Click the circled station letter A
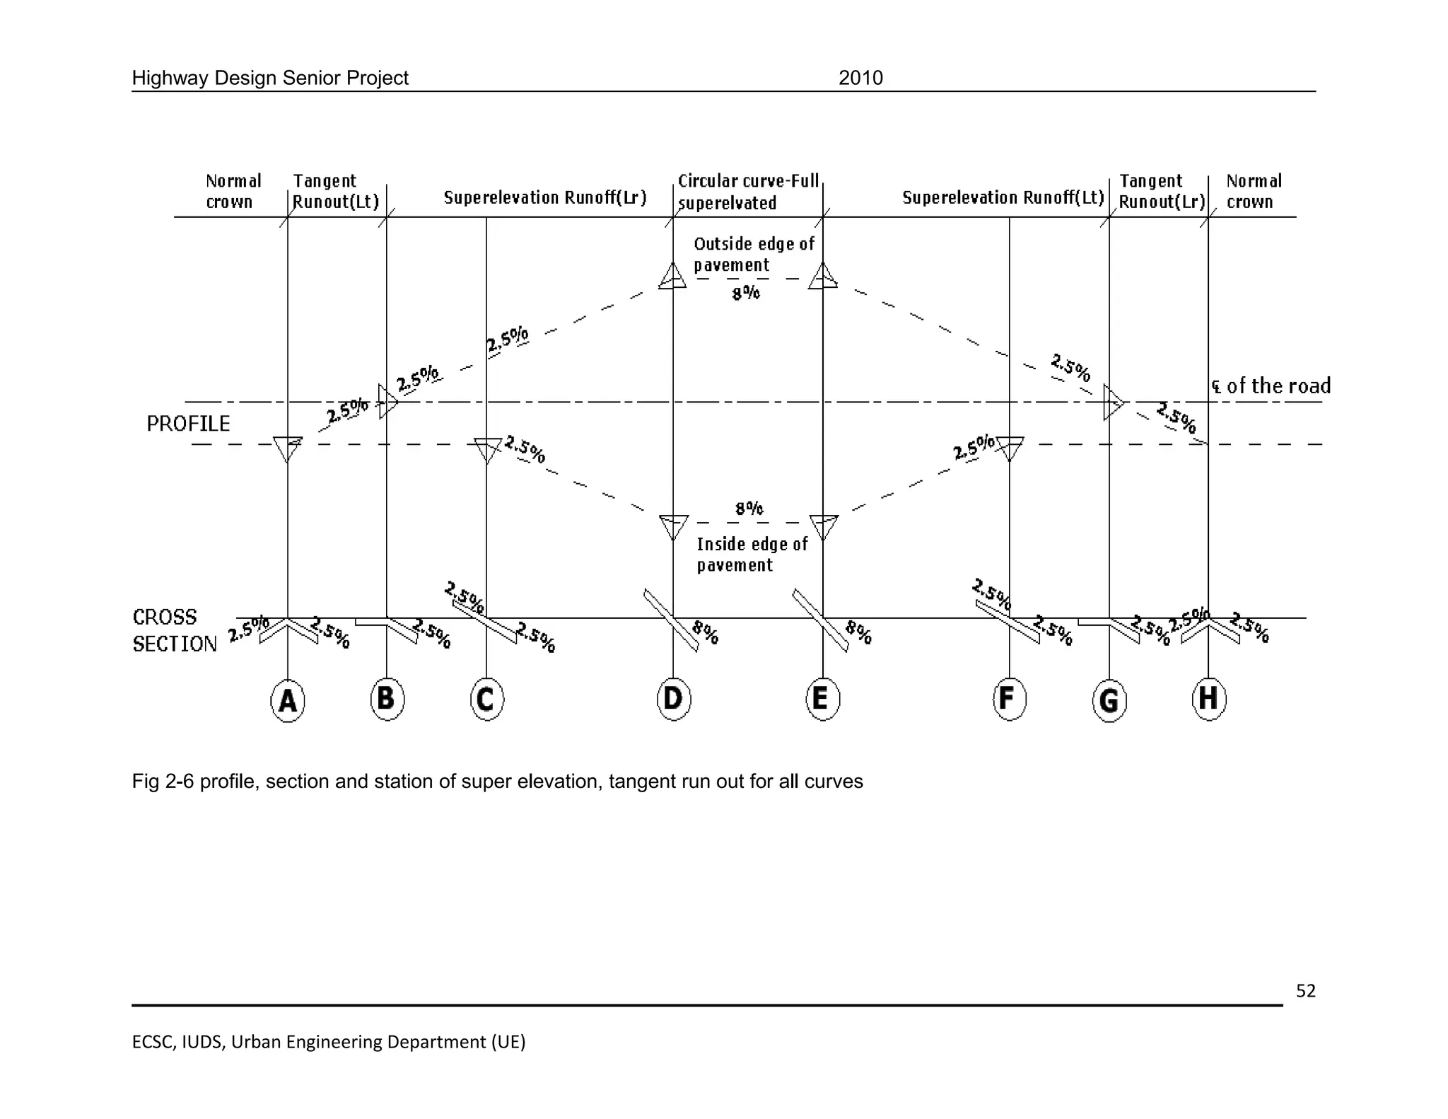(x=288, y=700)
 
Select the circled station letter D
(x=673, y=699)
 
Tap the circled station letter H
(x=1208, y=699)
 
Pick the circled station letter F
(x=1009, y=699)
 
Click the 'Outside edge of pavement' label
(x=754, y=255)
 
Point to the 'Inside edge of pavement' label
(x=752, y=555)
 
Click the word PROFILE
(x=188, y=424)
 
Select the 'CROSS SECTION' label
(x=174, y=630)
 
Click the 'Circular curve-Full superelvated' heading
(x=748, y=192)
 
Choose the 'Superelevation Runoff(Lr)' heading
(x=545, y=197)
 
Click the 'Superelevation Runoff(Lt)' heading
(x=1003, y=197)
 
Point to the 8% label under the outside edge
(x=746, y=293)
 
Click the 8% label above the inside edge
(x=749, y=508)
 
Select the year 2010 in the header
(x=860, y=78)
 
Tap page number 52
(x=1305, y=991)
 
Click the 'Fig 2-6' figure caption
(x=497, y=782)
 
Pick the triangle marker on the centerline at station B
(x=387, y=402)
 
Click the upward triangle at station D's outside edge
(x=672, y=276)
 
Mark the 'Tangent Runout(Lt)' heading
(x=336, y=192)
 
